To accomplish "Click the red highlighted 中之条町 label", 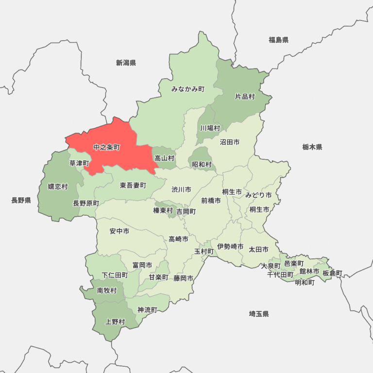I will tap(106, 147).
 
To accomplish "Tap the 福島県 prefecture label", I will tap(278, 40).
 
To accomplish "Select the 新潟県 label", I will tap(126, 63).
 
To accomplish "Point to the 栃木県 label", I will tap(312, 147).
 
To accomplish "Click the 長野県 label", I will tap(21, 200).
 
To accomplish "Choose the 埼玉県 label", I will tap(259, 314).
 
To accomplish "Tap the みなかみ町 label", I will tap(188, 89).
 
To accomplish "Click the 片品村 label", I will tap(245, 97).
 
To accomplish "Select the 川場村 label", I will tap(210, 128).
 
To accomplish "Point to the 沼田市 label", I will tap(230, 142).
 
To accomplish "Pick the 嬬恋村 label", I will tap(58, 186).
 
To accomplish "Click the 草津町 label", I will tap(79, 163).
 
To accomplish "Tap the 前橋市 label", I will tap(211, 200).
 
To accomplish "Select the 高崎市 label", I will tap(178, 238).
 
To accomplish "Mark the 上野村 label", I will tap(115, 322).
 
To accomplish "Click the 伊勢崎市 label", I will tap(230, 247).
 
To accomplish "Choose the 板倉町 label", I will tap(332, 273).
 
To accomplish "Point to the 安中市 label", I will tap(119, 231).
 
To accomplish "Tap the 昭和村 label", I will tap(202, 165).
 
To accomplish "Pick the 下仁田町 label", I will tap(115, 275).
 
